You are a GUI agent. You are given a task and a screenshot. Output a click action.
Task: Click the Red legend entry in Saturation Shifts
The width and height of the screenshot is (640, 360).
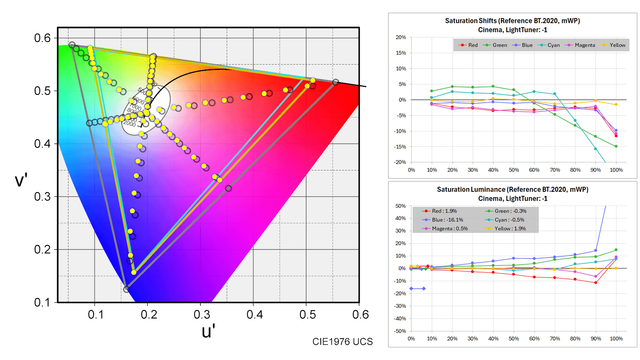468,45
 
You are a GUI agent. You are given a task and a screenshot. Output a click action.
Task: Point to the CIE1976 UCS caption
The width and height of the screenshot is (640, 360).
342,342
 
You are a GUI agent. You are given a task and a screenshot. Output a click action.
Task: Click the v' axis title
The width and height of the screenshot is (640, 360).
21,180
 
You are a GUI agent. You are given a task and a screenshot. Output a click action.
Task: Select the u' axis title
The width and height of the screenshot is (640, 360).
208,331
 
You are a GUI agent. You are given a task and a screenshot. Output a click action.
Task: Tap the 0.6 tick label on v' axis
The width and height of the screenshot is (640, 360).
42,38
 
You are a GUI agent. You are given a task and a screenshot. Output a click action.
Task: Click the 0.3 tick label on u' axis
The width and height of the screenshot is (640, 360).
201,315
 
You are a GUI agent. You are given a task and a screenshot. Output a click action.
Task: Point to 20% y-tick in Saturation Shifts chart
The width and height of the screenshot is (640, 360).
401,37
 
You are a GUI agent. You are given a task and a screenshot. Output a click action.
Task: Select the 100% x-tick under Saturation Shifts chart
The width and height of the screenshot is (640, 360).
616,170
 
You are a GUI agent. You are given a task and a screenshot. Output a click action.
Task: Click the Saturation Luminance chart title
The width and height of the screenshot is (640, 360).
512,194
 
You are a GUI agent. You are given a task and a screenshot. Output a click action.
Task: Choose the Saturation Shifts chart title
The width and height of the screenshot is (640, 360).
512,25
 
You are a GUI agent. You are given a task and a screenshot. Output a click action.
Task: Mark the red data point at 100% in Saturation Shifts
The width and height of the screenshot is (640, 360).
616,136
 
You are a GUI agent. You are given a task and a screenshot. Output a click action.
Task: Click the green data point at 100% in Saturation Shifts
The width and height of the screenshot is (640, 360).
616,146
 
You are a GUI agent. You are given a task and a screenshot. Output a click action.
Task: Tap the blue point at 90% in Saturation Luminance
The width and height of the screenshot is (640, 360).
596,251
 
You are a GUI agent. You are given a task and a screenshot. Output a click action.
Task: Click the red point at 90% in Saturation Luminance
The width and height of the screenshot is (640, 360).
596,283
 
